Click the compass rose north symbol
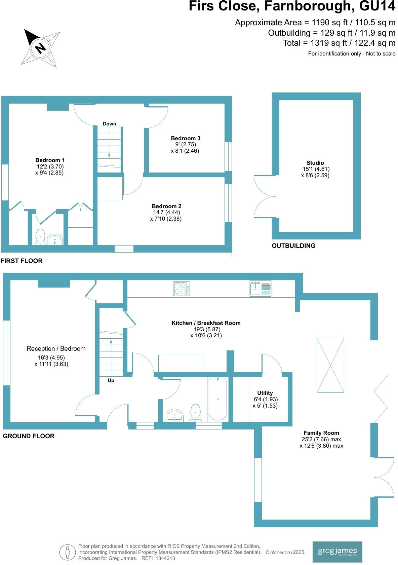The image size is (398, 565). [x=40, y=47]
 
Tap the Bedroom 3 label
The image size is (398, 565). [x=186, y=138]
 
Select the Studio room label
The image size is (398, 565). [x=315, y=163]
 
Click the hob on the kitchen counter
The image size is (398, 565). [x=182, y=289]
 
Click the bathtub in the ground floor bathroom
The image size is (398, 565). [x=218, y=399]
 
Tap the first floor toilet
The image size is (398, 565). [x=40, y=237]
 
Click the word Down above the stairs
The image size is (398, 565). [x=109, y=124]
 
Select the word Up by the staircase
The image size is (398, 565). [x=111, y=380]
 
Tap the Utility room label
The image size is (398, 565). [x=265, y=393]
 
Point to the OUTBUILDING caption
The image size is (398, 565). [x=293, y=246]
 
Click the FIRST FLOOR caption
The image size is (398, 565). [x=22, y=261]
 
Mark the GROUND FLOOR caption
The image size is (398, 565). [x=29, y=436]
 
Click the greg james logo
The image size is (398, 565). [x=337, y=552]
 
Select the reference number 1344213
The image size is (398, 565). [x=163, y=558]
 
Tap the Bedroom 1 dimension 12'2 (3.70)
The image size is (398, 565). [x=50, y=166]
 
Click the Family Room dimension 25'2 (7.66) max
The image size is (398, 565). [x=321, y=439]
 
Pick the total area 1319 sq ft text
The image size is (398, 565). [x=339, y=43]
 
